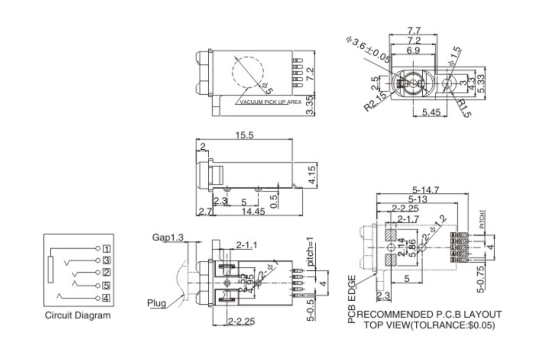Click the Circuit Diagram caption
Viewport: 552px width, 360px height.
78,315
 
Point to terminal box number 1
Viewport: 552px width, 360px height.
107,249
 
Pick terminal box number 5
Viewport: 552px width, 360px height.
107,286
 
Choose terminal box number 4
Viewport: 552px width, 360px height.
107,298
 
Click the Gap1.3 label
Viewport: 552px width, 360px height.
168,237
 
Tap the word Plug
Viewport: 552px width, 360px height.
156,303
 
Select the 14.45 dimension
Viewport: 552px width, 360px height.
255,211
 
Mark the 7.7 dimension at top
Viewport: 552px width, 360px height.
414,31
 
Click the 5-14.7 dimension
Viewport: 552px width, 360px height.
425,190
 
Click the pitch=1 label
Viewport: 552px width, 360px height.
311,252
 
